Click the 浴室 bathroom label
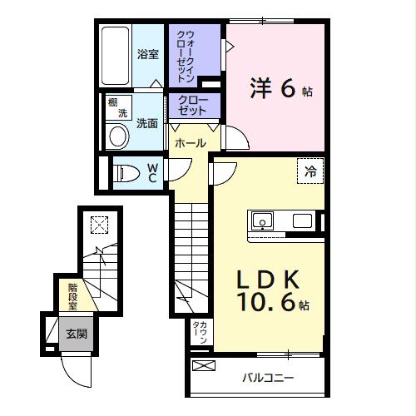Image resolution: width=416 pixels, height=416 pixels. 148,55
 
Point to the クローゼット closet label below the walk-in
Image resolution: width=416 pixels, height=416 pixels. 193,105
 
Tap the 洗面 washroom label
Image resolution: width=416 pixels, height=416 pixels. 147,121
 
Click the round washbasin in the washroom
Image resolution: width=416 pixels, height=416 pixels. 118,136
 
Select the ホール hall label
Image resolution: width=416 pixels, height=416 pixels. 191,143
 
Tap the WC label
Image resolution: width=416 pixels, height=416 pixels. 153,173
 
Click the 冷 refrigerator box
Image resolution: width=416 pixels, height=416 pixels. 310,171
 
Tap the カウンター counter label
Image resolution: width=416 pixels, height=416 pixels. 200,333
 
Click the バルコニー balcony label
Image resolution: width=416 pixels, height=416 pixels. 267,379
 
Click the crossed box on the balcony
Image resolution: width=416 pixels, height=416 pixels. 203,366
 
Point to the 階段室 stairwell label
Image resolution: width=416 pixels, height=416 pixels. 73,295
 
